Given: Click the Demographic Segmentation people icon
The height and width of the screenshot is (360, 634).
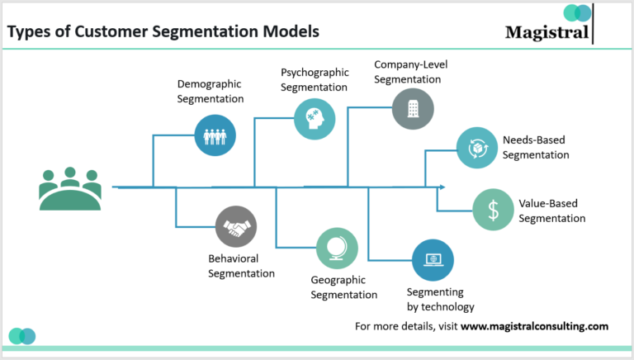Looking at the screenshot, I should coord(215,135).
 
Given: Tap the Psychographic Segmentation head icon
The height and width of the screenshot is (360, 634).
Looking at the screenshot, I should coord(315,119).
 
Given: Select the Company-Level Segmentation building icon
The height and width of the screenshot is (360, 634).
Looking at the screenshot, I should coord(413,108).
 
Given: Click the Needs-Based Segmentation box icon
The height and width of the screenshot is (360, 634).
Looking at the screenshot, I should coord(477,148).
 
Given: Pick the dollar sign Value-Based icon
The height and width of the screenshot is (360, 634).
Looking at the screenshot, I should coord(493,210).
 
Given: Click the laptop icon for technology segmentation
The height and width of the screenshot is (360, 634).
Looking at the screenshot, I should coord(433,260).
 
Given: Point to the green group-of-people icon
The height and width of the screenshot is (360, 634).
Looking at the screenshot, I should coord(70,188).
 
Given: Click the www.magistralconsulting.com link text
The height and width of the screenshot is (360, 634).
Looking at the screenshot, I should coord(534,326).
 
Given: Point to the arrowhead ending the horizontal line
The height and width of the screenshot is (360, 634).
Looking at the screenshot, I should coord(442,187).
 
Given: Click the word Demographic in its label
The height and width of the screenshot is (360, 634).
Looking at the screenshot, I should coord(211,84).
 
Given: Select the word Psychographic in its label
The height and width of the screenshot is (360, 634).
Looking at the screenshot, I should coord(315,73).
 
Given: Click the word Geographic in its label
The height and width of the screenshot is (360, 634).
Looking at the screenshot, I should coord(339,280).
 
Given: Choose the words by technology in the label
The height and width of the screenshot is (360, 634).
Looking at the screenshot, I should coord(441,307).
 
